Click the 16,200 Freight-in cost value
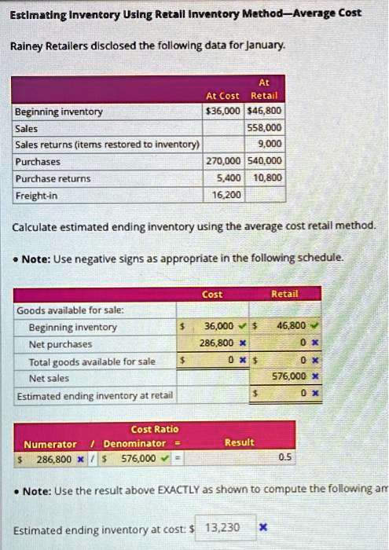tap(229, 194)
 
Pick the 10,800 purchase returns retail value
tap(269, 178)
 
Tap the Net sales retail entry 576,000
tap(290, 377)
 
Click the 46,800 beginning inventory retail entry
tap(293, 327)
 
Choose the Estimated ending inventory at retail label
tap(95, 394)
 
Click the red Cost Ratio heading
tap(155, 429)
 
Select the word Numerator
tap(50, 444)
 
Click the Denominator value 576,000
tap(138, 457)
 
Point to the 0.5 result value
tap(284, 457)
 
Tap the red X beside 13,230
tap(264, 528)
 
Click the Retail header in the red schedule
tap(284, 294)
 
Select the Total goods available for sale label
tap(92, 361)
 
